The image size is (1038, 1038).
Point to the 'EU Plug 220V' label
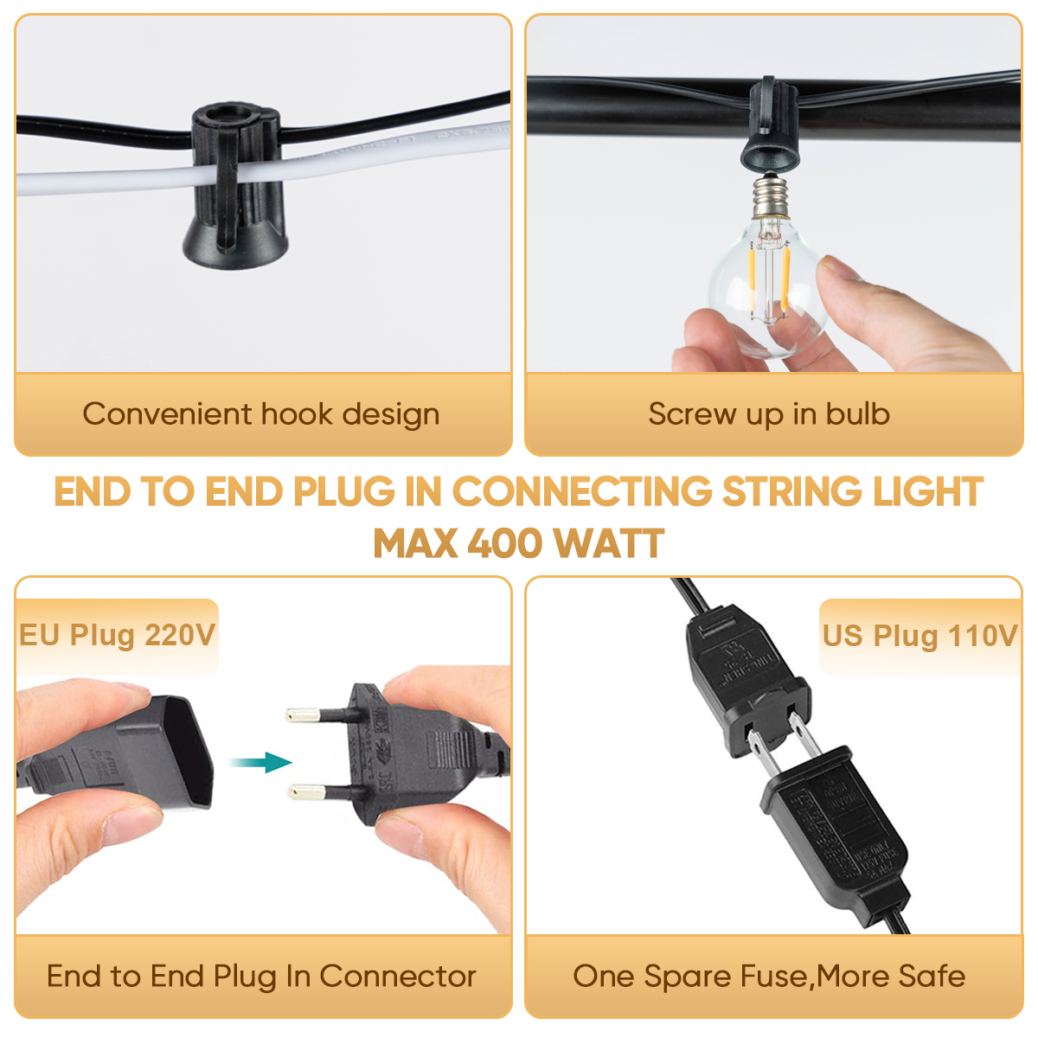point(117,635)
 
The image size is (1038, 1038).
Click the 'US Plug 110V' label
point(919,636)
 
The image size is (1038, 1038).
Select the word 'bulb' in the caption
point(857,414)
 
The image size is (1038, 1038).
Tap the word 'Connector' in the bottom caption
point(398,977)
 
